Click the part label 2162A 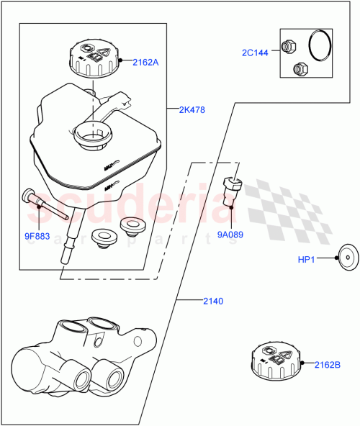click(145, 62)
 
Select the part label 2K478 click(193, 110)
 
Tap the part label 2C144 click(255, 53)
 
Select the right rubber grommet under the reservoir click(131, 225)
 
